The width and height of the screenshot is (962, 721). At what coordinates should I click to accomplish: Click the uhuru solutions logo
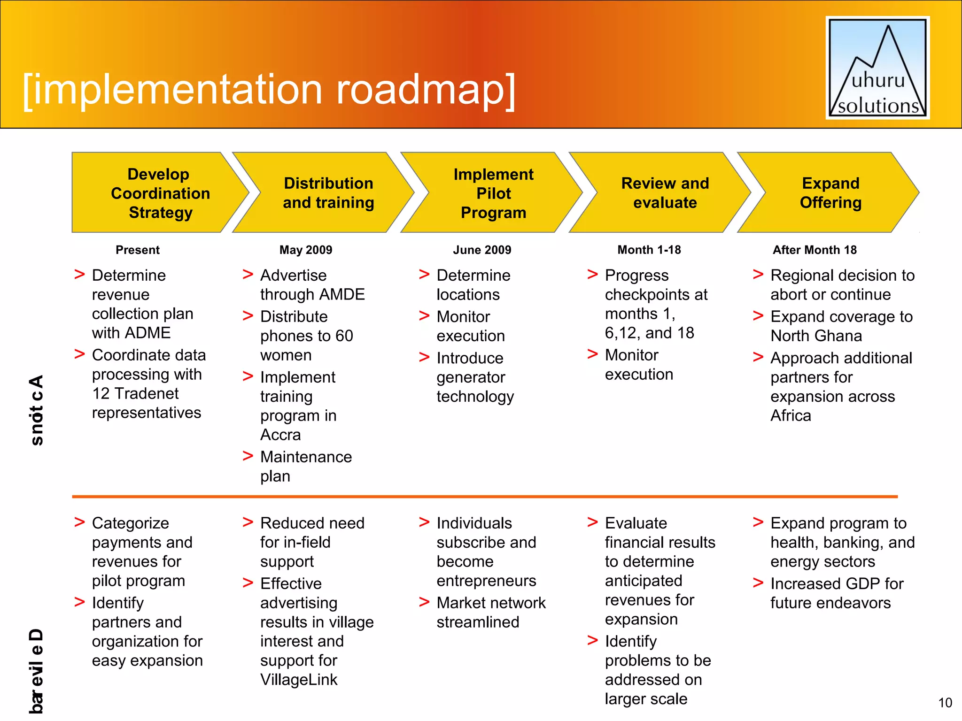tap(877, 68)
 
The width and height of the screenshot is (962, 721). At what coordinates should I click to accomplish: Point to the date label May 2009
tap(306, 250)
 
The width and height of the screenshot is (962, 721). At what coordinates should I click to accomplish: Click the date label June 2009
tap(482, 250)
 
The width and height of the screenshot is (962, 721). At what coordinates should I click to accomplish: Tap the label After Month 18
tap(815, 250)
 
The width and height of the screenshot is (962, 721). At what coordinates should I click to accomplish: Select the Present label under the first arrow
tap(138, 250)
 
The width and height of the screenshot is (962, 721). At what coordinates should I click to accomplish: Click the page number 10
tap(945, 703)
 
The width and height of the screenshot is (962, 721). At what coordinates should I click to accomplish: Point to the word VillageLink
tap(299, 679)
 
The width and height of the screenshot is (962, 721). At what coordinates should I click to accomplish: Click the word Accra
tap(280, 435)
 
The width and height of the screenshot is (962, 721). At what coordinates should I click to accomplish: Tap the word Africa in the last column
tap(791, 415)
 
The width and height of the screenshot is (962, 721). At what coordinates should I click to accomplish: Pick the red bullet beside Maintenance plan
tap(248, 456)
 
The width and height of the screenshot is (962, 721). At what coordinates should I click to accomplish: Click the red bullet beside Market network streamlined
tap(424, 602)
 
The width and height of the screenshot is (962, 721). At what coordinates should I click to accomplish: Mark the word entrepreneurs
tap(486, 581)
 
